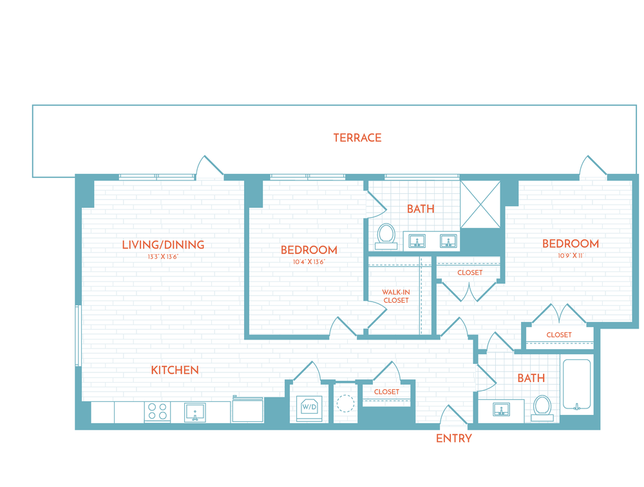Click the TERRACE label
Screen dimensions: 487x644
tap(357, 138)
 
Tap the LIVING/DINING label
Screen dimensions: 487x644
tap(163, 245)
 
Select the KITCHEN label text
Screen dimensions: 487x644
tap(175, 370)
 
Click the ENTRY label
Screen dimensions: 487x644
tap(454, 439)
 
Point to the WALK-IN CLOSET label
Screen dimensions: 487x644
tap(395, 296)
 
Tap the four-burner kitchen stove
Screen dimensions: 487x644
tap(158, 412)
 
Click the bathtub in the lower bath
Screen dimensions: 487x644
tap(576, 385)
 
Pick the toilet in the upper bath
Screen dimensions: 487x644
tap(386, 234)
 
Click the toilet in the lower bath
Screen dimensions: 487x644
tap(542, 407)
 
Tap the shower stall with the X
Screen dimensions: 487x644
tap(480, 204)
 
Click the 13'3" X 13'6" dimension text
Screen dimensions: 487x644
tap(163, 257)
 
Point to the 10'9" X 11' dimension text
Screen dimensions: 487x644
tap(570, 256)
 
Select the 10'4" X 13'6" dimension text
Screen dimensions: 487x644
tap(309, 262)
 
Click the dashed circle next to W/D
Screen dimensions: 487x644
tap(346, 404)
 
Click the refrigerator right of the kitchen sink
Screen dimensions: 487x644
tap(248, 410)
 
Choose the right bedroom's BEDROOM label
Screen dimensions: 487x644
tap(570, 243)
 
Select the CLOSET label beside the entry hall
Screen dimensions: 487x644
tap(386, 392)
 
